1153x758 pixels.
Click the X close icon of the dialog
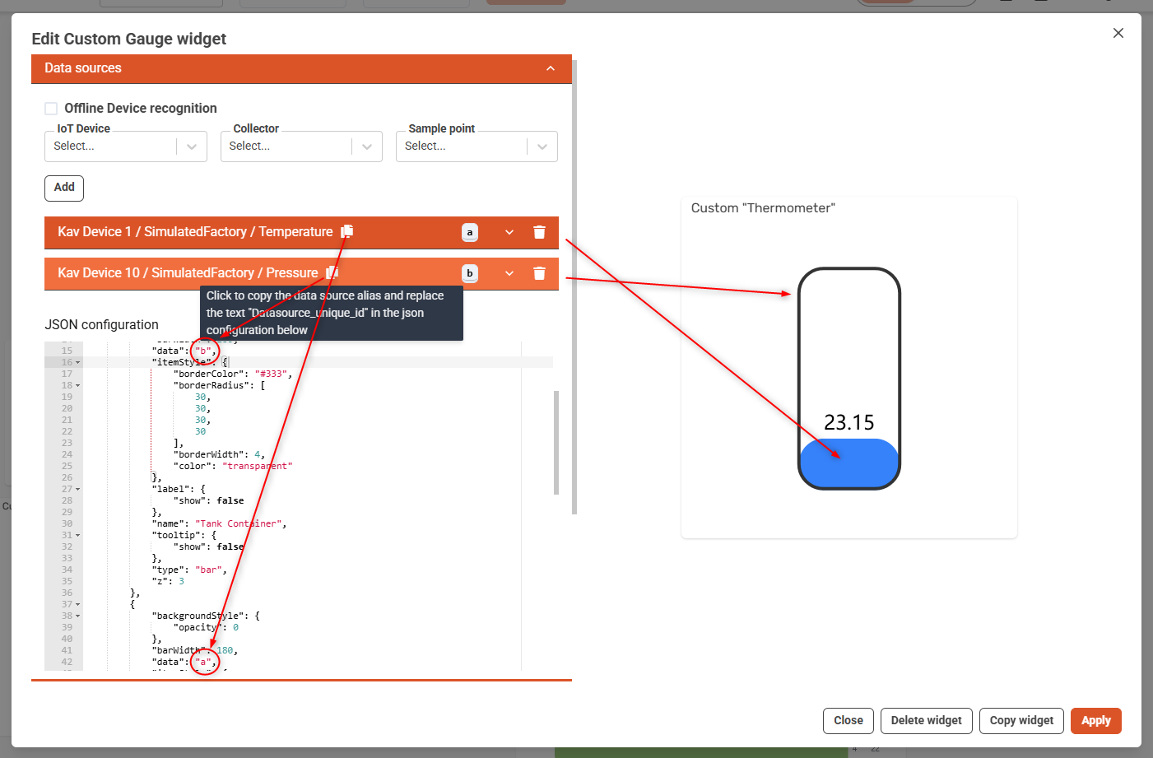pyautogui.click(x=1118, y=33)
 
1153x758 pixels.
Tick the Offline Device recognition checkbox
pyautogui.click(x=51, y=109)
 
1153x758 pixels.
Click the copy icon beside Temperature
pyautogui.click(x=347, y=231)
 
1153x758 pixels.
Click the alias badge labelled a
pyautogui.click(x=470, y=232)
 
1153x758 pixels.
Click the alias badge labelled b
pyautogui.click(x=470, y=273)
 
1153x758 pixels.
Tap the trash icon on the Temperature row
pyautogui.click(x=539, y=232)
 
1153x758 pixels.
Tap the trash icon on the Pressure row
pyautogui.click(x=539, y=273)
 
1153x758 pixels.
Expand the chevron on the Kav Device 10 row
pyautogui.click(x=509, y=273)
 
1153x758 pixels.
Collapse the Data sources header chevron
pyautogui.click(x=551, y=68)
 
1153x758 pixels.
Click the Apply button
pyautogui.click(x=1095, y=720)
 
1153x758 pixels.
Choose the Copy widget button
pyautogui.click(x=1021, y=720)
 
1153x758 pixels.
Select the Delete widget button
pyautogui.click(x=926, y=720)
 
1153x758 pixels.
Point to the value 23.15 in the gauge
pyautogui.click(x=848, y=422)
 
